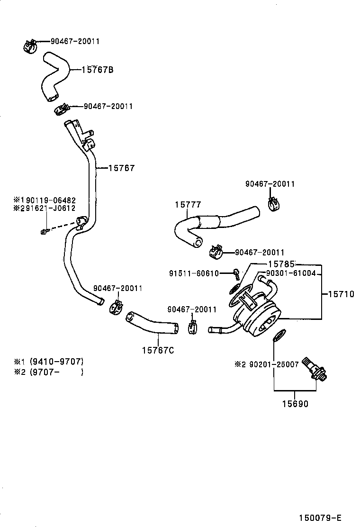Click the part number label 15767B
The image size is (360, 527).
(97, 70)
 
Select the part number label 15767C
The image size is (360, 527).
(158, 350)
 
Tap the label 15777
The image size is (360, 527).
(188, 205)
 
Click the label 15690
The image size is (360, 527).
(295, 404)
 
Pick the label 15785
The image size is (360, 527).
(281, 263)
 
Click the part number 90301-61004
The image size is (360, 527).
(290, 273)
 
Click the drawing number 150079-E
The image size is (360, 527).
(320, 517)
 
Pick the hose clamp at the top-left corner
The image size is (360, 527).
(30, 46)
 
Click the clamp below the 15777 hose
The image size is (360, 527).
(216, 253)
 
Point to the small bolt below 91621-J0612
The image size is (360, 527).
(44, 231)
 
